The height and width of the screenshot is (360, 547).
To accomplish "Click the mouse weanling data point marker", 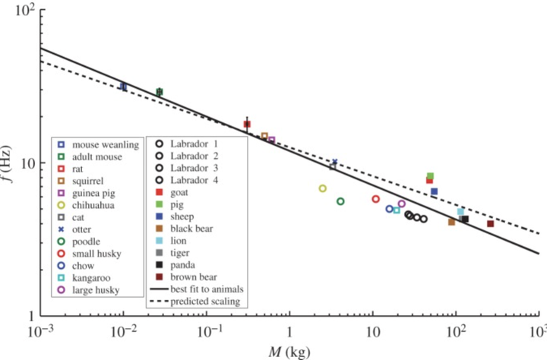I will click(123, 87).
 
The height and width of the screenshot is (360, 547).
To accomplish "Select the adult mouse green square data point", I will click(160, 92).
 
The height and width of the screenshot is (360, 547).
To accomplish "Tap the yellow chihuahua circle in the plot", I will click(323, 188).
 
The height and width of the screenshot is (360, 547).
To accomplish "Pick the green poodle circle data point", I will click(340, 201).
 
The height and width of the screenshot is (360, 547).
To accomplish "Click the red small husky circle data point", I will click(375, 199).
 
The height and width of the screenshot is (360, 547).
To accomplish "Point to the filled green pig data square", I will click(430, 176).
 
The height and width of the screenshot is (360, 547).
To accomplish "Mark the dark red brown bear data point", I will click(490, 223).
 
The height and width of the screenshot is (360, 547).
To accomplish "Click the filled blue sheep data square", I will click(434, 191).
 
